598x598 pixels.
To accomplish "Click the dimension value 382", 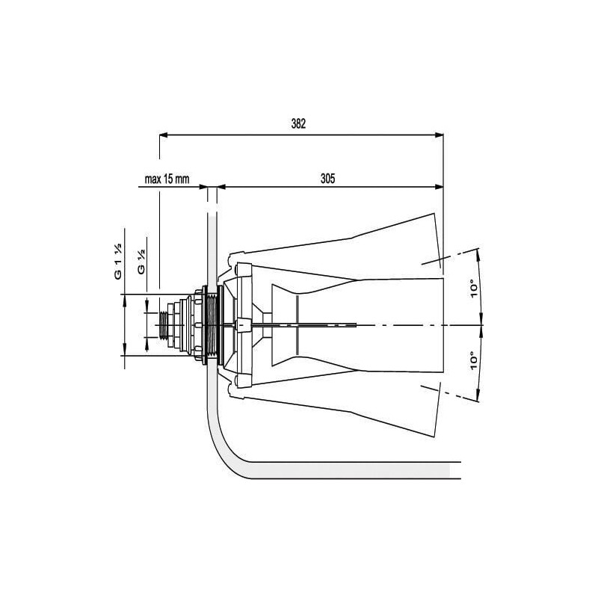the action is [x=298, y=124].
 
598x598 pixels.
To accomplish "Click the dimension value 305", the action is [x=327, y=179].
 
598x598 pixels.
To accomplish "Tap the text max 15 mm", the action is [x=167, y=179].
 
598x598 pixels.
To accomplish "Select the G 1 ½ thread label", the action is [x=118, y=261].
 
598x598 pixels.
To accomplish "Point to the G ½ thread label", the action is [x=141, y=262].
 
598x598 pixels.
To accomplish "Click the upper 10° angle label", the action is [x=474, y=289].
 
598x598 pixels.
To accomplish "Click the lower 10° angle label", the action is [x=474, y=361].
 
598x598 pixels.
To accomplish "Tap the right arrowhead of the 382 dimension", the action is [x=440, y=135].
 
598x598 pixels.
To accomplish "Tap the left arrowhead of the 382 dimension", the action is [x=164, y=135].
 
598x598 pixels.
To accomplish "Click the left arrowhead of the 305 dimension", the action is [x=221, y=187].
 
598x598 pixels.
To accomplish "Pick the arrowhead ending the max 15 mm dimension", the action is [x=203, y=187].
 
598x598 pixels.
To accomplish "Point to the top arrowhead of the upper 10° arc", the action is [x=478, y=253].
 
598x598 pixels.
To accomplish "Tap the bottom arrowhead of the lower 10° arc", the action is [x=478, y=397].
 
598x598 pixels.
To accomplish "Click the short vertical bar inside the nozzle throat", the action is [x=297, y=325].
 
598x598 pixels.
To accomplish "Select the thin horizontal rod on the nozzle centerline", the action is [x=290, y=325].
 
